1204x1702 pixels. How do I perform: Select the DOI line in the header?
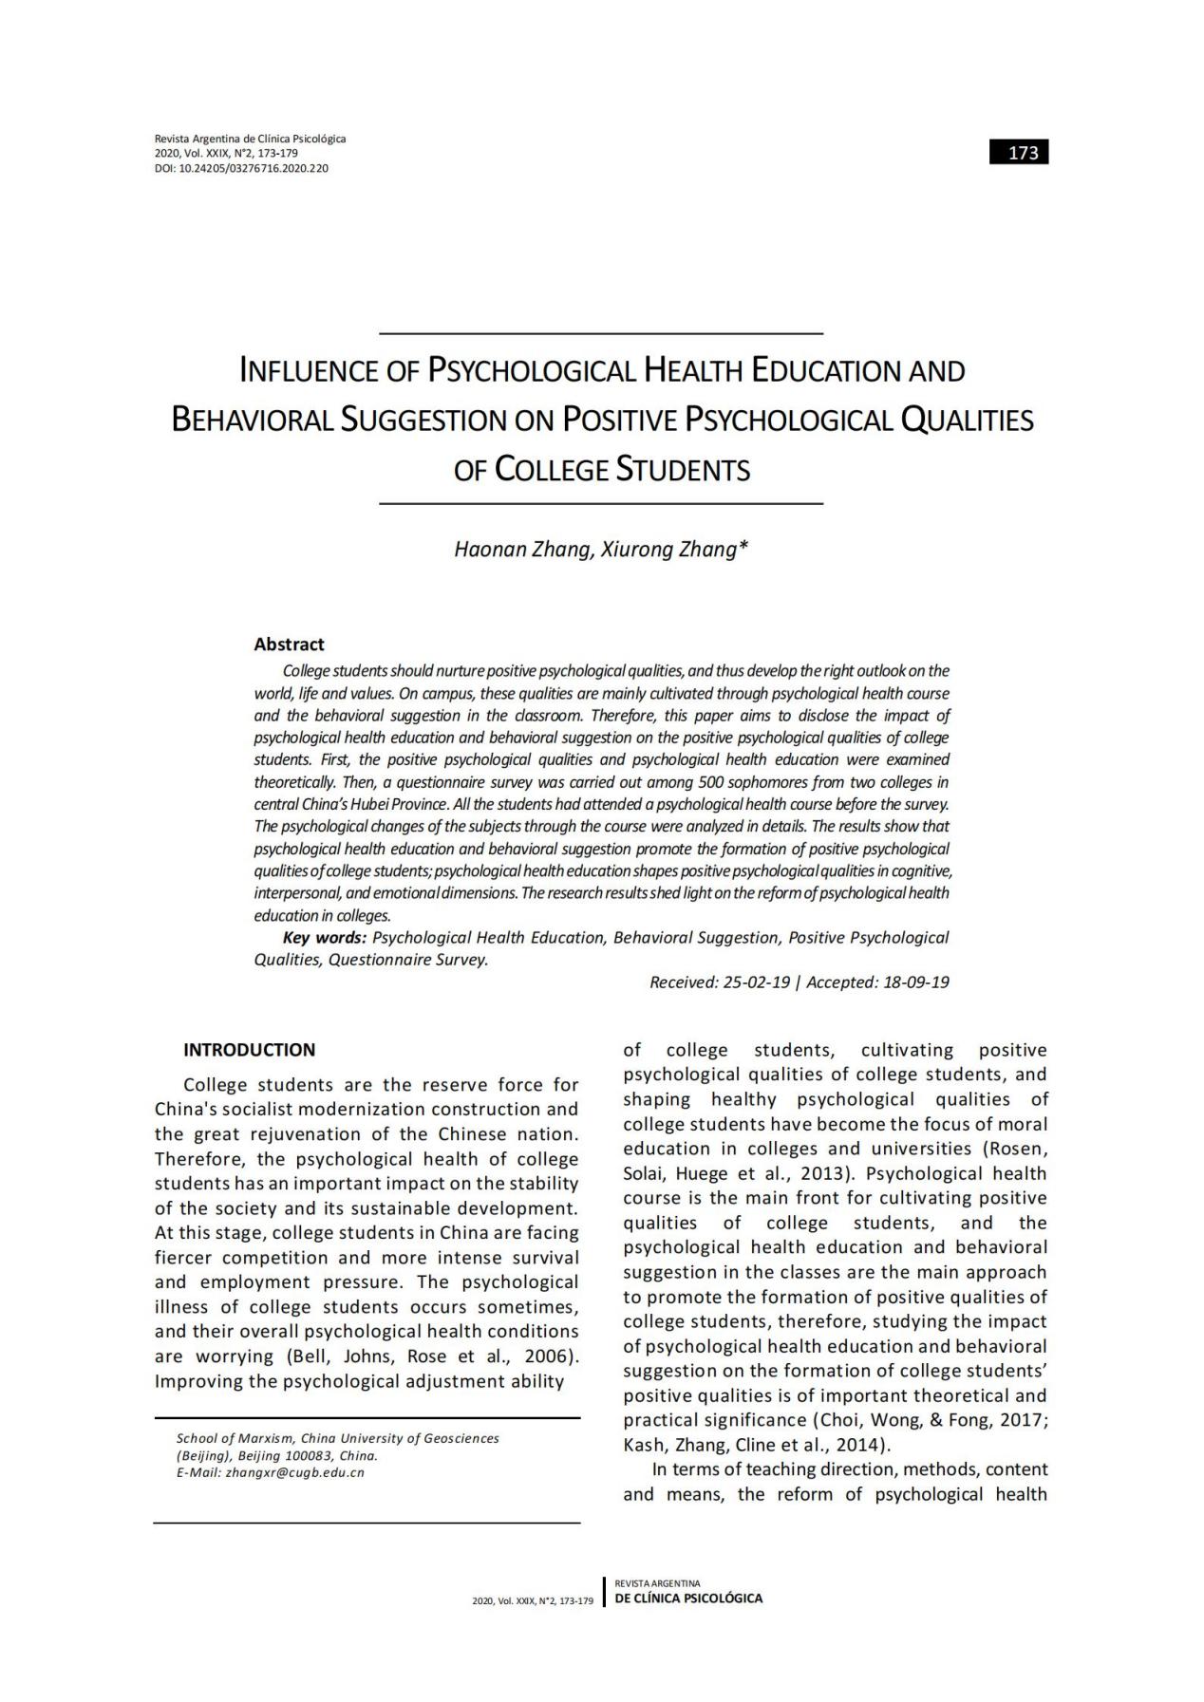click(x=241, y=168)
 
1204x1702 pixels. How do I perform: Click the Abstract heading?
click(x=289, y=644)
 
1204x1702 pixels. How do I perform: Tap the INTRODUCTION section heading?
click(x=249, y=1049)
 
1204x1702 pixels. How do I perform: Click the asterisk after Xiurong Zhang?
click(x=743, y=548)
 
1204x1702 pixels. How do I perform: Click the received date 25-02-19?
click(x=756, y=982)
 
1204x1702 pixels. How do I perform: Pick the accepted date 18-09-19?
click(x=915, y=982)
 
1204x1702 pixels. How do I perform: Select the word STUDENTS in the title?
click(x=683, y=470)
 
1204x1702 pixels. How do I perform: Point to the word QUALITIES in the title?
click(x=967, y=420)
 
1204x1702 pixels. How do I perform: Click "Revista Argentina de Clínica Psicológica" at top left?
click(x=250, y=139)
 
